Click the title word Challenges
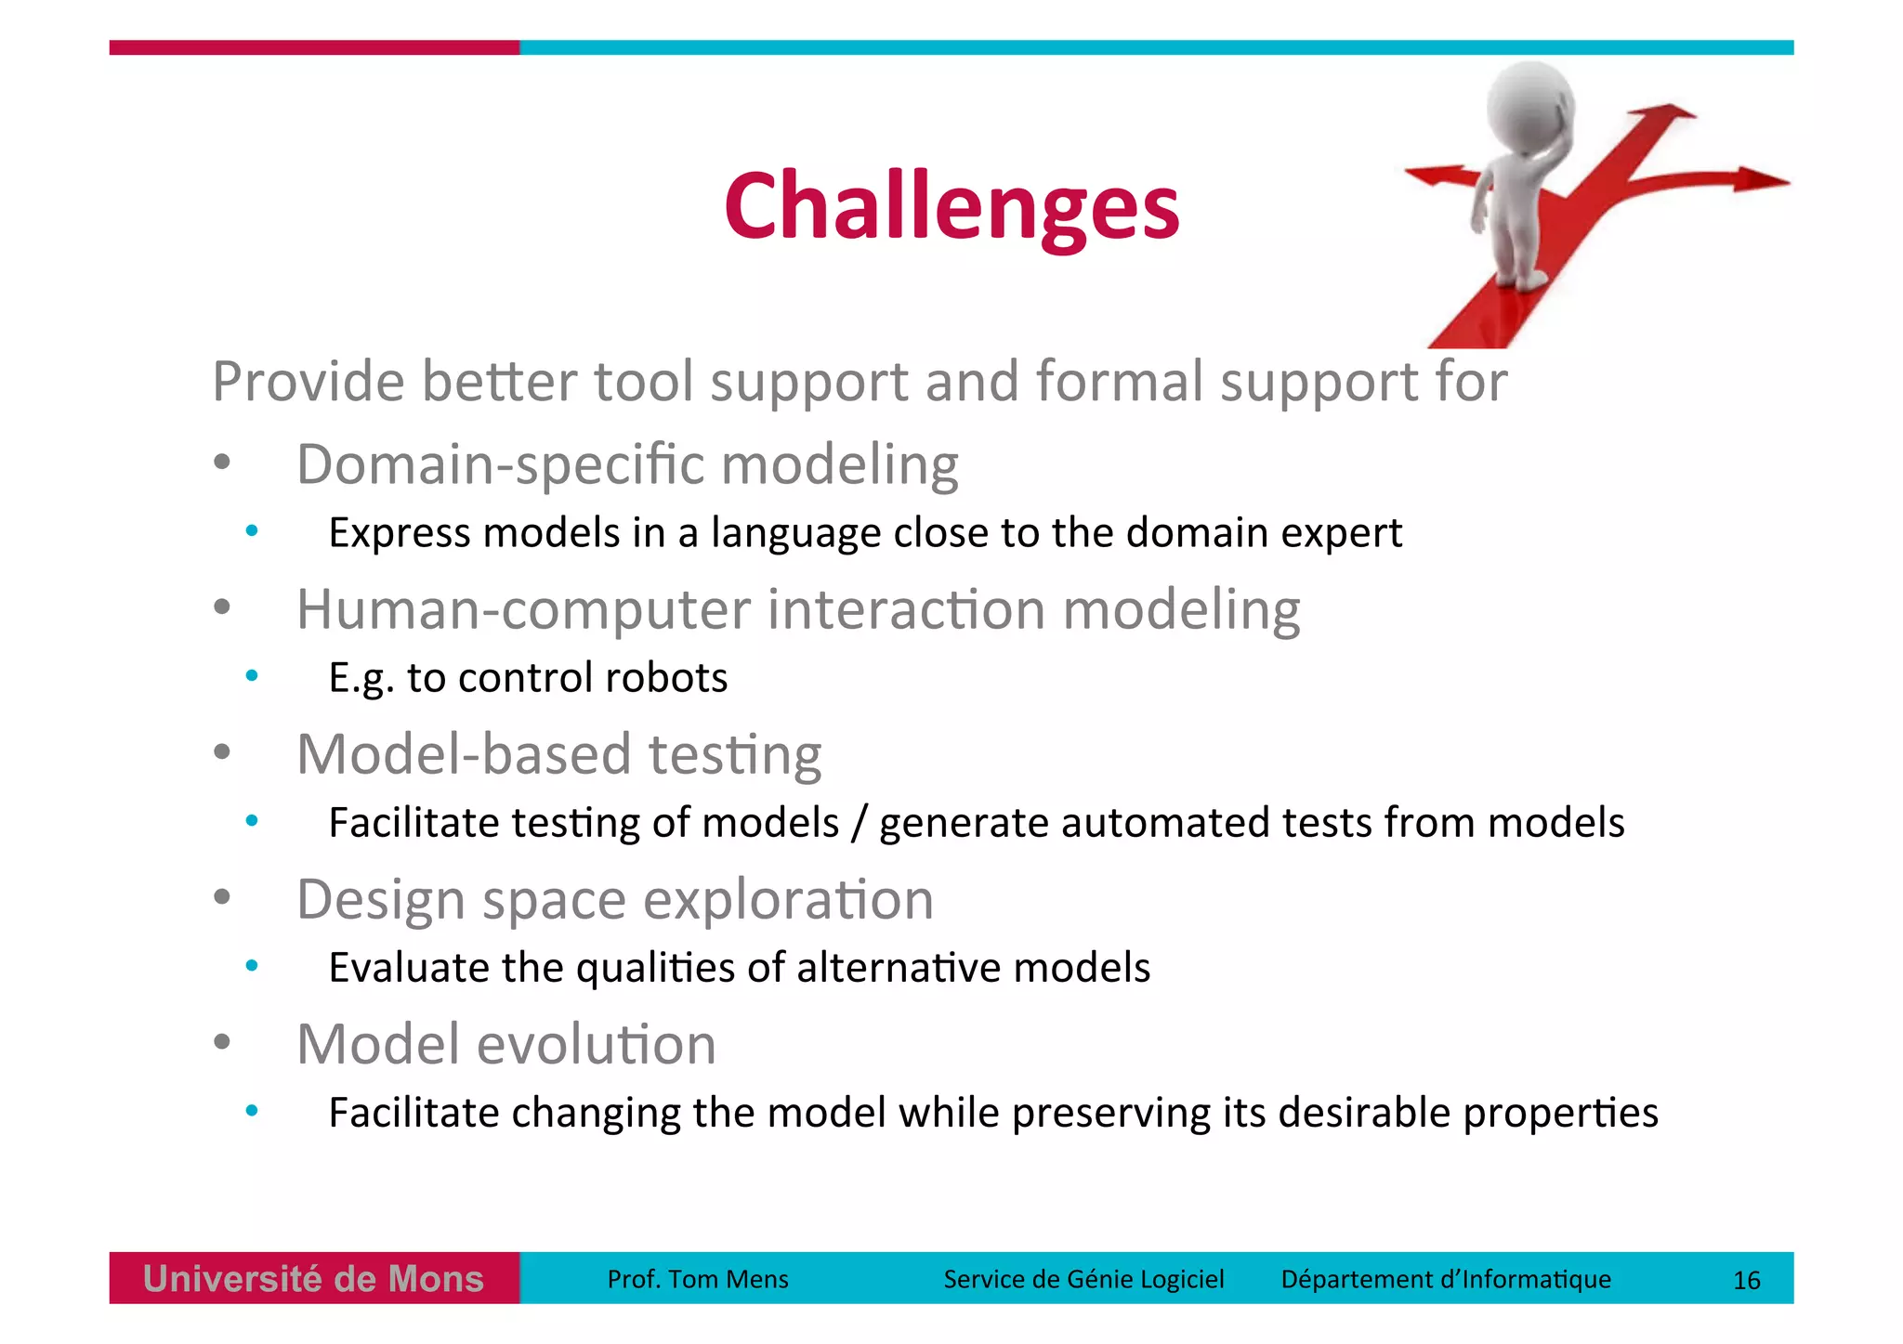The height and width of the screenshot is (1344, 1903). tap(951, 206)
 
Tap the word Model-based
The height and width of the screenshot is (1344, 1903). tap(465, 754)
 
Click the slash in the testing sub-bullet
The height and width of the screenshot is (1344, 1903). tap(859, 823)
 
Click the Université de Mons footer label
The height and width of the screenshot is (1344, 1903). tap(314, 1279)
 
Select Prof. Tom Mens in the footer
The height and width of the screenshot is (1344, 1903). tap(697, 1279)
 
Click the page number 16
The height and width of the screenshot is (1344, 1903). tap(1746, 1280)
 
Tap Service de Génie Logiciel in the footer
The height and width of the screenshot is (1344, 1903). tap(1083, 1279)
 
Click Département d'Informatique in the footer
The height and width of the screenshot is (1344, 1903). tap(1445, 1279)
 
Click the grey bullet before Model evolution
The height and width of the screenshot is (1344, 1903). tap(221, 1042)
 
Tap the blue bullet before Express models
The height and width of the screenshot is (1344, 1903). tap(252, 531)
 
